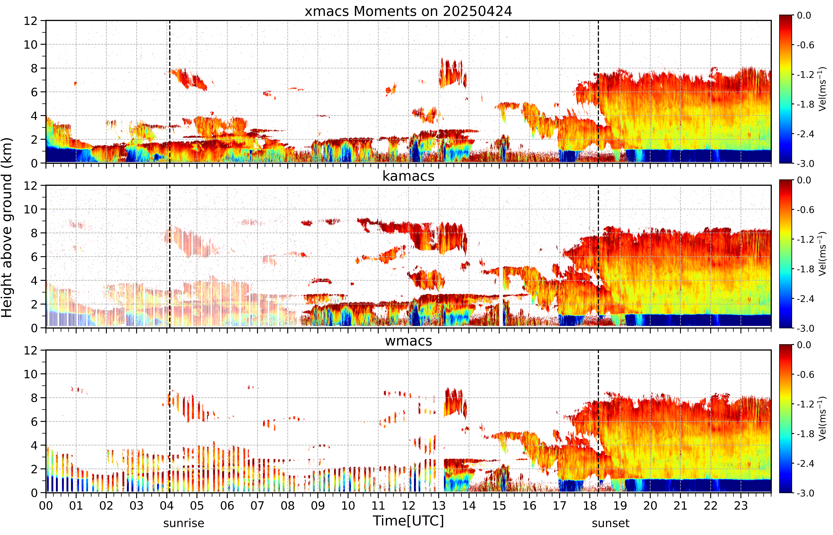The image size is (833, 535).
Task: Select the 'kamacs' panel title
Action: click(x=408, y=176)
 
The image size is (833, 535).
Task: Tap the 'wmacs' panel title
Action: click(x=408, y=341)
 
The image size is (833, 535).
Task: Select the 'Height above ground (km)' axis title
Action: click(x=7, y=228)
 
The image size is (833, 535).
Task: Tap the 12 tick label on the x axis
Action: click(x=409, y=505)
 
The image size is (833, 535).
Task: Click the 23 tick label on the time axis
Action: click(x=741, y=505)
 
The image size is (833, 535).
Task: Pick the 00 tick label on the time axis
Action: click(x=46, y=505)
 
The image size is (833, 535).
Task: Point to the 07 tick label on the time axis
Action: click(x=257, y=505)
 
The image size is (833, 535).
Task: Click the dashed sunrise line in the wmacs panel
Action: click(x=170, y=421)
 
